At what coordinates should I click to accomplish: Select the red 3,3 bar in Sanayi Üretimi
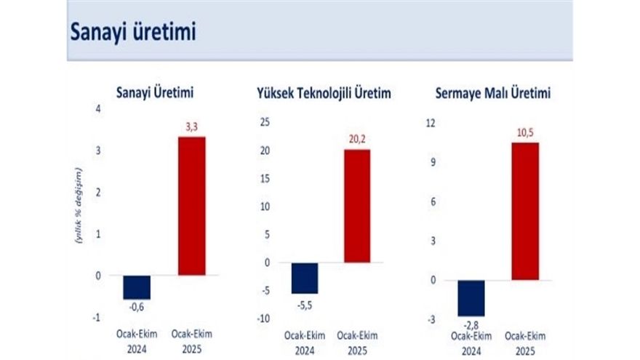point(192,206)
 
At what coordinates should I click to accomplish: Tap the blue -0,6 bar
point(137,287)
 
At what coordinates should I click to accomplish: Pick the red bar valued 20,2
point(357,206)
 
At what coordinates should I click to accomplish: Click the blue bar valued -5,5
point(305,278)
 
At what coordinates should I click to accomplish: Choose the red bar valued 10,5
point(525,211)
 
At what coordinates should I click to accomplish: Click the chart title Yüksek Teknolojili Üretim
point(324,94)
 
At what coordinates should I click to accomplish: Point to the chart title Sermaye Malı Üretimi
point(492,94)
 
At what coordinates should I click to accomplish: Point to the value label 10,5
point(525,133)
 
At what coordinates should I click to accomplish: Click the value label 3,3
point(192,127)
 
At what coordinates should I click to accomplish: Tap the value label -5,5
point(305,304)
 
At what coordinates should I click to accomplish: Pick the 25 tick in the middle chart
point(265,122)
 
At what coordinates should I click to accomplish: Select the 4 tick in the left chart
point(98,109)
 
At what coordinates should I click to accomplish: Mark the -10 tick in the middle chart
point(263,319)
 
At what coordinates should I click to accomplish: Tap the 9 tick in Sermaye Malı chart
point(433,162)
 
